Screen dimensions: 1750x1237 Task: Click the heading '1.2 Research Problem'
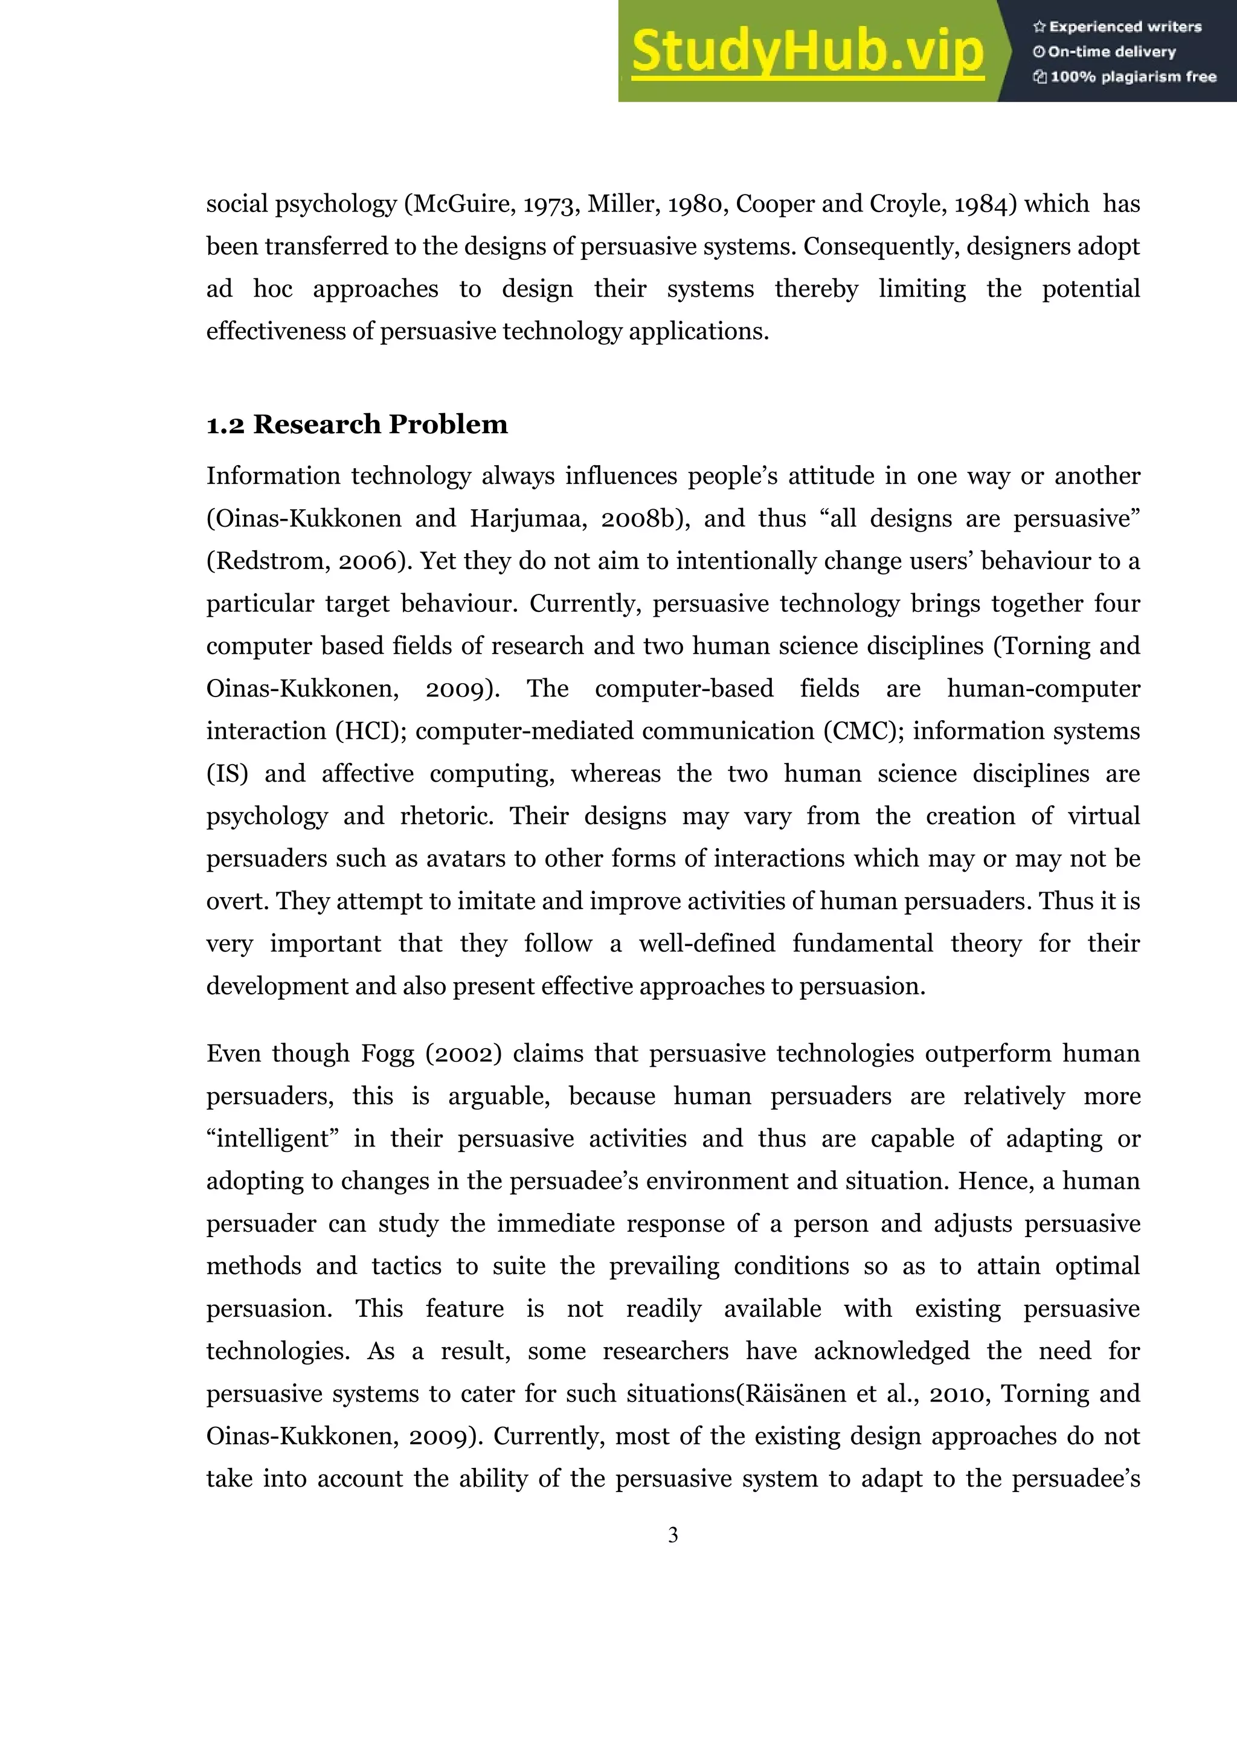pyautogui.click(x=357, y=425)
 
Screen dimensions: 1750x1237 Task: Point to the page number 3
pyautogui.click(x=673, y=1535)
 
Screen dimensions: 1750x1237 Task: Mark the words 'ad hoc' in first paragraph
pyautogui.click(x=249, y=289)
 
